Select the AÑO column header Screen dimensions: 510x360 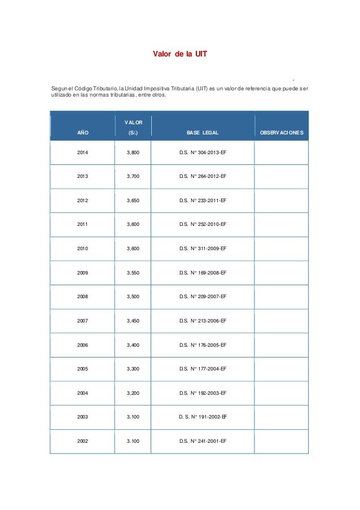[83, 133]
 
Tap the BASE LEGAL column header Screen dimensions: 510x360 [203, 133]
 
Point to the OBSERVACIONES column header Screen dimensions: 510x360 [282, 133]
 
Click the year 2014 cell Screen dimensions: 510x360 [83, 152]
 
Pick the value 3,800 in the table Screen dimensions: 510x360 [133, 152]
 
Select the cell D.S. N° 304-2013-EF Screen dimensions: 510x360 [203, 152]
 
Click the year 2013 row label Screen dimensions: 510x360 [83, 176]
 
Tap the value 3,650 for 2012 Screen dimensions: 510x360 [133, 200]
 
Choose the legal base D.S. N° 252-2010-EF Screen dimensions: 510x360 [203, 224]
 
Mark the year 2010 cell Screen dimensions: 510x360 [83, 249]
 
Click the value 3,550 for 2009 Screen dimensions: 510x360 [133, 272]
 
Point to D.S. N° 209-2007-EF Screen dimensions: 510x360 [203, 297]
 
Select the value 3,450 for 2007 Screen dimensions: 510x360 [133, 320]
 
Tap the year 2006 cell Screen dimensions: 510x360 [83, 345]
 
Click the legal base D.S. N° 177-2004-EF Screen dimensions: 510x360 [203, 368]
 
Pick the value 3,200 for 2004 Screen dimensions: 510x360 [133, 393]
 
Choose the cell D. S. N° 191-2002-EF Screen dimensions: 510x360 [203, 416]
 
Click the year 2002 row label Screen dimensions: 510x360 [83, 441]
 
